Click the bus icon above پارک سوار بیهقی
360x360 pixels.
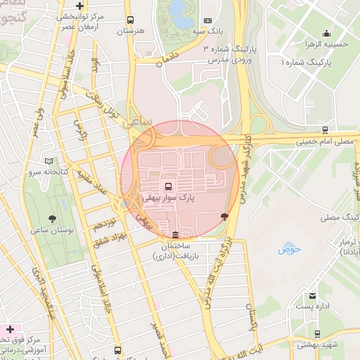point(167,186)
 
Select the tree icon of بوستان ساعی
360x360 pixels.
point(53,218)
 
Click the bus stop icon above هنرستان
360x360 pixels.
point(129,21)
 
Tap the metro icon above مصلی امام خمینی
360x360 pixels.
point(324,130)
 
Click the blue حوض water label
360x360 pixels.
point(288,249)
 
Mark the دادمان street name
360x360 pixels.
point(169,58)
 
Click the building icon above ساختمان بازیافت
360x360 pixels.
point(174,235)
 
